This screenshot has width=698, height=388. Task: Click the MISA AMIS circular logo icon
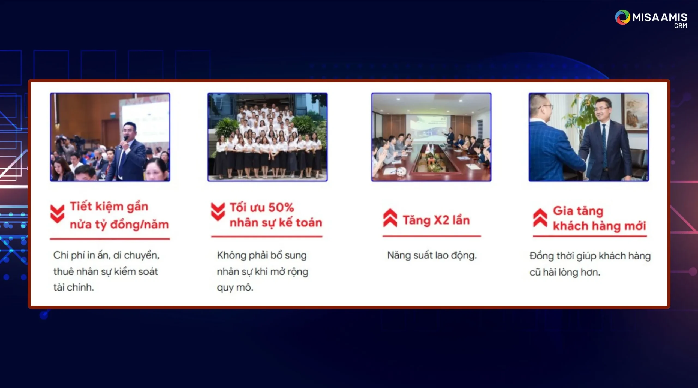tap(622, 17)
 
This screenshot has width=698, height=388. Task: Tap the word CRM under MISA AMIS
tap(681, 26)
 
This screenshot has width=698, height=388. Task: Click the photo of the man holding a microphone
tap(110, 137)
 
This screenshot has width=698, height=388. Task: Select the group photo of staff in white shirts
tap(267, 137)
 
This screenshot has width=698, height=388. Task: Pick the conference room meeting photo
tap(431, 137)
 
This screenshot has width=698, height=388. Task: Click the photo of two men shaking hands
tap(589, 137)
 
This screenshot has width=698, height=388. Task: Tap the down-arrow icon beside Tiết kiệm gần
tap(57, 214)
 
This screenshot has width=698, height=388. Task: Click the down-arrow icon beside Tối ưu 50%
tap(218, 212)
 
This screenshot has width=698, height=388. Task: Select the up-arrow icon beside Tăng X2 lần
tap(390, 218)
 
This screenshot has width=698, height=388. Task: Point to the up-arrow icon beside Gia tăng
tap(540, 218)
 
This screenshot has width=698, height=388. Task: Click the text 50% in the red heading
tap(281, 208)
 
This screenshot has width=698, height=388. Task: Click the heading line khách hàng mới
tap(599, 226)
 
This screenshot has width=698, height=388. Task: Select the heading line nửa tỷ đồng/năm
tap(119, 225)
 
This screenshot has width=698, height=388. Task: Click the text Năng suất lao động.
tap(432, 256)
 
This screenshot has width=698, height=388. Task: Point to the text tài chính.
tap(74, 287)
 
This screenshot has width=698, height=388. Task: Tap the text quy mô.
tap(235, 288)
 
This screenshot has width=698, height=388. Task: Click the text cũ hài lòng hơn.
tap(565, 272)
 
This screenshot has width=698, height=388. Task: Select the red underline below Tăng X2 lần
tap(432, 236)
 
